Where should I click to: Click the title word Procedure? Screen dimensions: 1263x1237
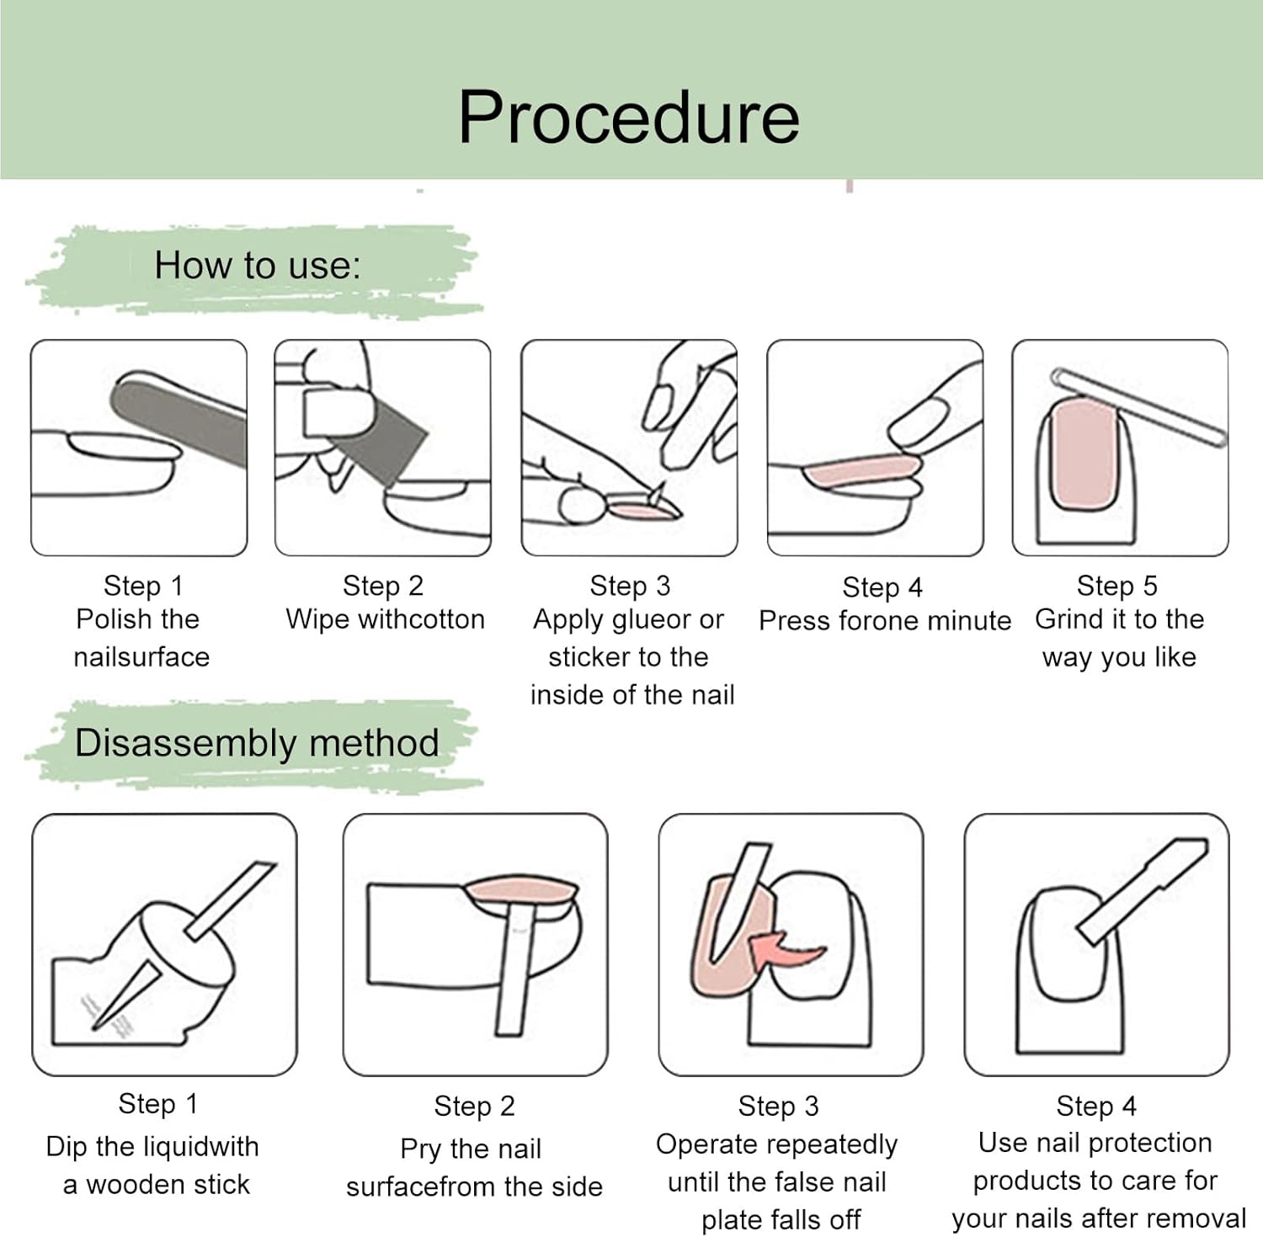pyautogui.click(x=628, y=118)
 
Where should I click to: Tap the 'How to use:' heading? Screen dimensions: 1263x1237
pyautogui.click(x=258, y=266)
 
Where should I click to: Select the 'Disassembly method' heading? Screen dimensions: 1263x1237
pyautogui.click(x=257, y=743)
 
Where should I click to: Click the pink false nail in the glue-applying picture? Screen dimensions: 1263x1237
pyautogui.click(x=641, y=508)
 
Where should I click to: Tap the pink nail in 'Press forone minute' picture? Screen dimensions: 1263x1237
pyautogui.click(x=859, y=471)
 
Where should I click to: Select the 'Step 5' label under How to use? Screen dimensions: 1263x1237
pyautogui.click(x=1117, y=586)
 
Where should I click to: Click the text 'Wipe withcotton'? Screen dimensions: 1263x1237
pyautogui.click(x=386, y=619)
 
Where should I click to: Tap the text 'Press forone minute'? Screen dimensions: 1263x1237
pyautogui.click(x=885, y=621)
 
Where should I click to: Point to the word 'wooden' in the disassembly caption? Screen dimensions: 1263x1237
pyautogui.click(x=136, y=1185)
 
